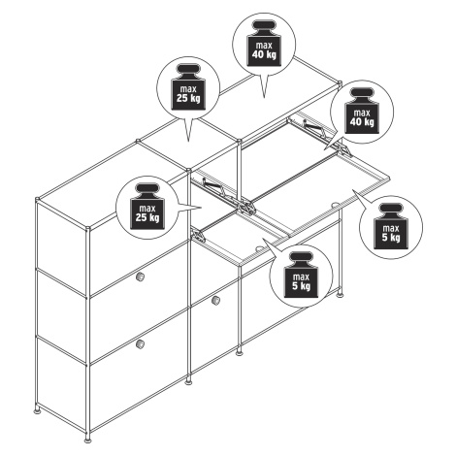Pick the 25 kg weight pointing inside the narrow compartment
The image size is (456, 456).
point(147,207)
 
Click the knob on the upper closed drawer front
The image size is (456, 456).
point(140,277)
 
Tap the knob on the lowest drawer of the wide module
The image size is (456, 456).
point(140,344)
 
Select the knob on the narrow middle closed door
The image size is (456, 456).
point(215,300)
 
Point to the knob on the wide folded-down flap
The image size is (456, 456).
point(336,205)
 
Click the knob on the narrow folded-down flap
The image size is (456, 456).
point(259,248)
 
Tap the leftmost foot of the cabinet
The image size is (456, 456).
point(38,410)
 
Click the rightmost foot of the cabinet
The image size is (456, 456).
point(340,294)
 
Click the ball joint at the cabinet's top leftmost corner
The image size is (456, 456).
point(38,199)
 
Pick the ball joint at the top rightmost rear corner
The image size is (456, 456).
point(340,82)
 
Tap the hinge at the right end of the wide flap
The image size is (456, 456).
point(344,149)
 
